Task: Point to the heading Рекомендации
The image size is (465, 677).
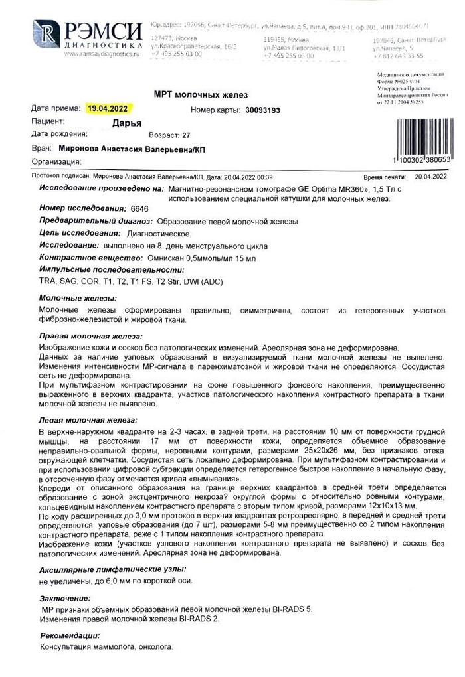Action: tap(69, 635)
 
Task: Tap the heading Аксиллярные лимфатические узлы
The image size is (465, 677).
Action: tap(112, 569)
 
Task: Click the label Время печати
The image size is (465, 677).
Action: tap(385, 178)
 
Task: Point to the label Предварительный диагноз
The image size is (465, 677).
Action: tap(87, 221)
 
